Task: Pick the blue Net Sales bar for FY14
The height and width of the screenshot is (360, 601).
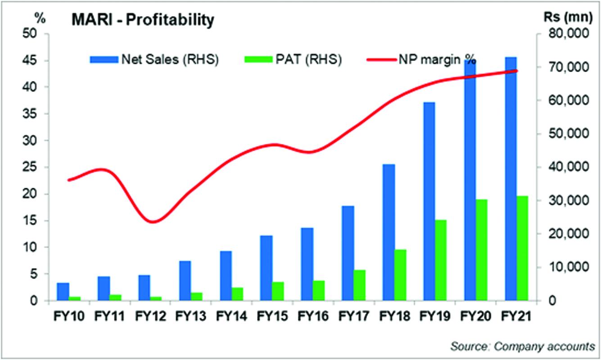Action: click(x=226, y=275)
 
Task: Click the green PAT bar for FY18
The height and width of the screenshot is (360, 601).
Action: click(x=400, y=275)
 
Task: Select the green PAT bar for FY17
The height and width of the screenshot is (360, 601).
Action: click(x=359, y=285)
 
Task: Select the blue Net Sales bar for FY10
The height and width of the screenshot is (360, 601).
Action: click(x=63, y=292)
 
